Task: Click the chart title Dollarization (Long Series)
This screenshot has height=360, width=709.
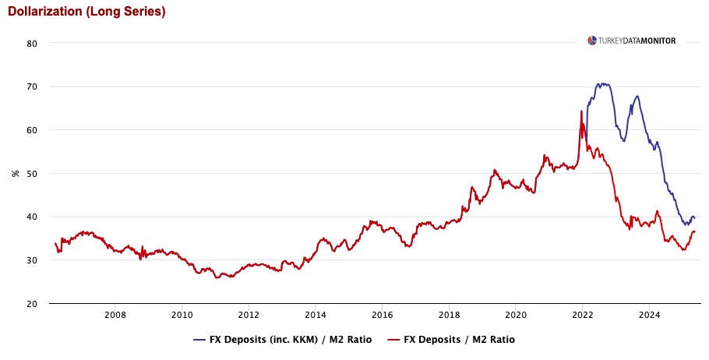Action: coord(86,12)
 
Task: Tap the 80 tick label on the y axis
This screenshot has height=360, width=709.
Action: coord(33,44)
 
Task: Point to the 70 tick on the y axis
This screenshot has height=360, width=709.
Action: coord(33,86)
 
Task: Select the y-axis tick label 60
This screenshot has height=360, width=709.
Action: coord(33,130)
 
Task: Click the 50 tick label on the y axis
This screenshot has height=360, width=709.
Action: coord(33,173)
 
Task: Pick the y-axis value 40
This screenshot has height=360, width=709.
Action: coord(33,217)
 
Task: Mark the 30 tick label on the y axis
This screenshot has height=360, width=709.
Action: coord(33,260)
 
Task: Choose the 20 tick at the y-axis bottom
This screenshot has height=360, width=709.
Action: coord(33,304)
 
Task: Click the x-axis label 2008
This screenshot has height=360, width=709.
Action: coord(115,316)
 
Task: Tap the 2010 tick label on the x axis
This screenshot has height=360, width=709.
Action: coord(182,316)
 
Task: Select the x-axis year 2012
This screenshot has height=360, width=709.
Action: coord(249,316)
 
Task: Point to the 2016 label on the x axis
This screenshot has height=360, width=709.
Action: coord(382,316)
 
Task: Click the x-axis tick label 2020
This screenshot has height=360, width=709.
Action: coord(516,316)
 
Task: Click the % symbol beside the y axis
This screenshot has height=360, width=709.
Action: coord(15,173)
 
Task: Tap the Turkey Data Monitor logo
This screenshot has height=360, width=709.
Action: coord(632,41)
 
